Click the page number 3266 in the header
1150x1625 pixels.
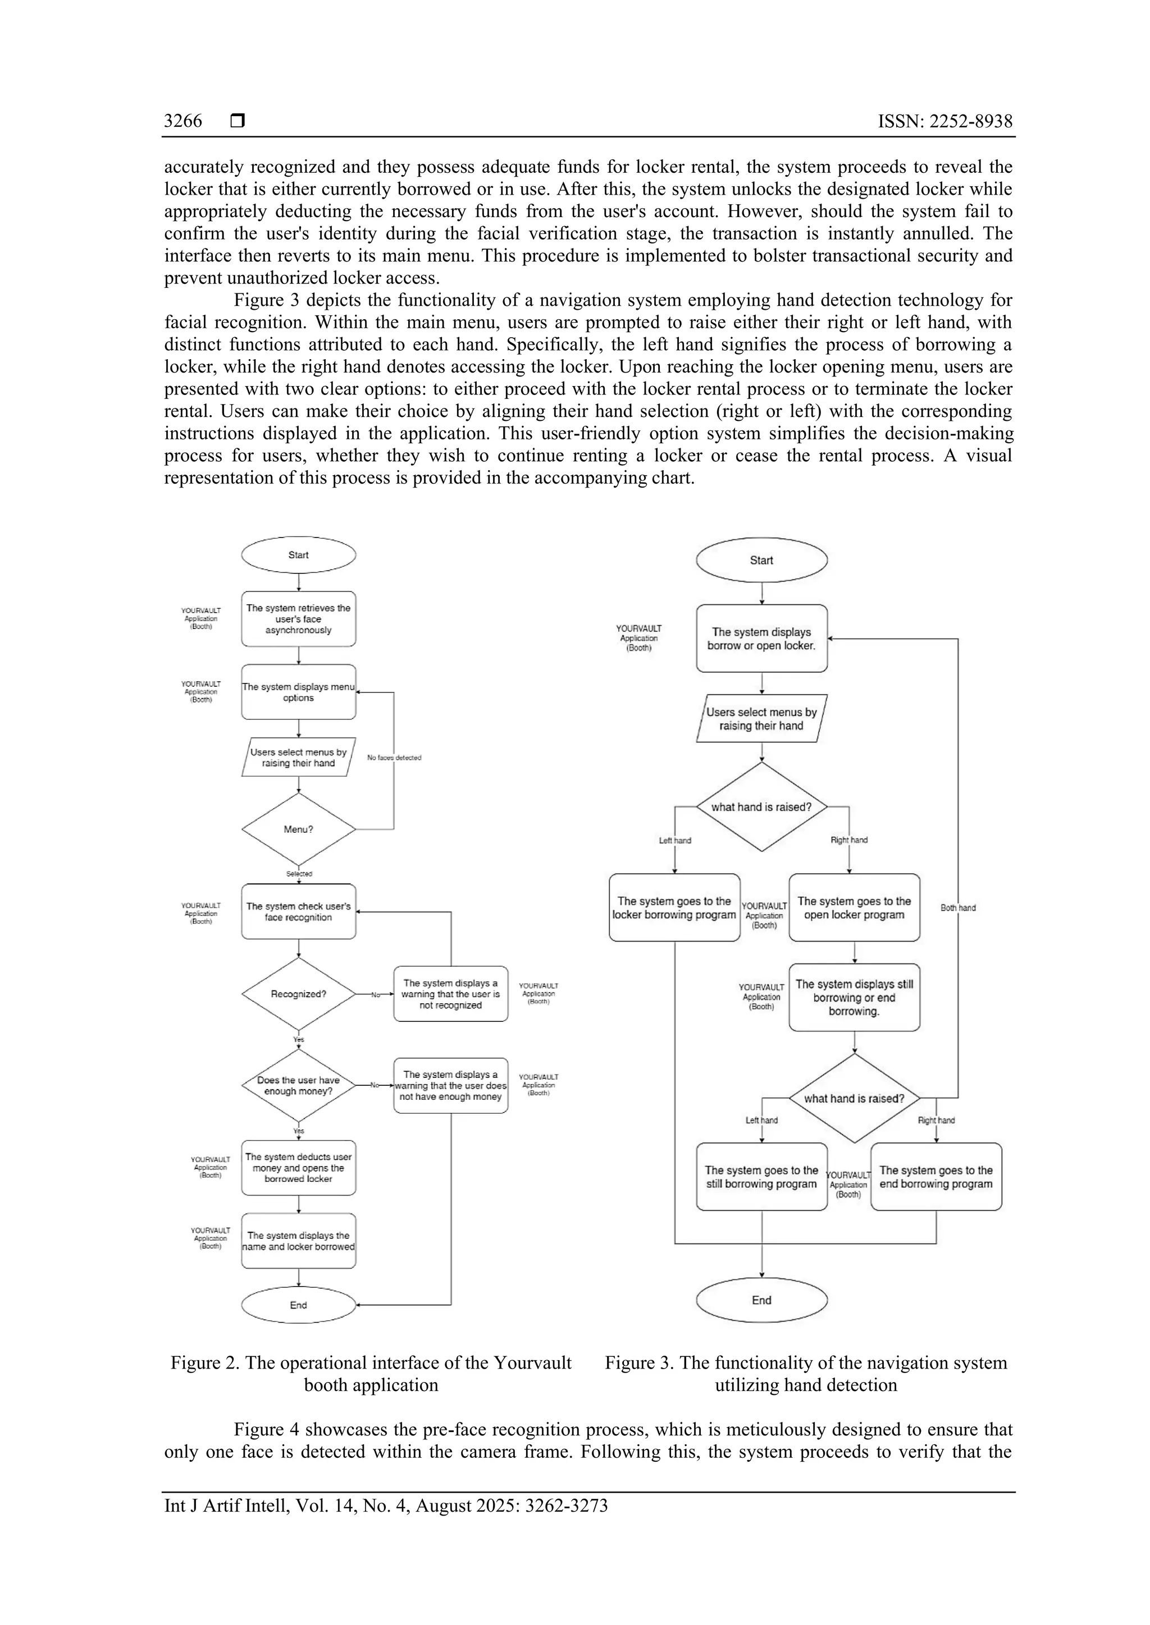coord(182,121)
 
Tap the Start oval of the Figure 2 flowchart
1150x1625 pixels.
coord(298,555)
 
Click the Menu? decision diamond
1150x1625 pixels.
coord(298,829)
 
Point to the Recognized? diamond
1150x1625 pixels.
coord(298,994)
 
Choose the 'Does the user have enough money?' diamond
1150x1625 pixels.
coord(298,1085)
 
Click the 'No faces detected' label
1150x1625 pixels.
coord(394,758)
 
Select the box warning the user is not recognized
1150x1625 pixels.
coord(450,994)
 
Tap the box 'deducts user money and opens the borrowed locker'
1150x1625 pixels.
coord(298,1168)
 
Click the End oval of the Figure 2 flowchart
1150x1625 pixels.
coord(298,1305)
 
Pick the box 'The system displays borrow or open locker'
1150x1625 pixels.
coord(761,639)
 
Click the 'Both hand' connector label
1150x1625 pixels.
coord(957,907)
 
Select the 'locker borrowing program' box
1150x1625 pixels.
coord(674,907)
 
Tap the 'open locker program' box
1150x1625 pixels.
coord(854,907)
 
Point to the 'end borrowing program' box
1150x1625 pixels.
coord(935,1177)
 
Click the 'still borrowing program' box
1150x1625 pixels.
coord(761,1177)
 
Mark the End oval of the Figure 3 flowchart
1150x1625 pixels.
coord(761,1300)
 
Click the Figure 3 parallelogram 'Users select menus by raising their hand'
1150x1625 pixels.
coord(761,718)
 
